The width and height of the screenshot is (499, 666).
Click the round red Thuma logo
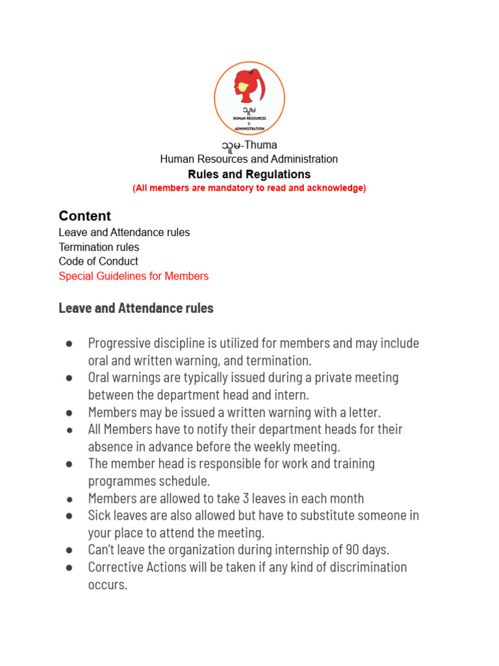249,98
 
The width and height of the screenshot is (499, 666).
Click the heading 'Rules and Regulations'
249,174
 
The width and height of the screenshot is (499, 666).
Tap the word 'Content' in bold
84,216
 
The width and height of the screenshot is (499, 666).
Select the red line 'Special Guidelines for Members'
133,276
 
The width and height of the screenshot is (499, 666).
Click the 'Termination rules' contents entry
99,247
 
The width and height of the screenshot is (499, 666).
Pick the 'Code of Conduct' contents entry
98,261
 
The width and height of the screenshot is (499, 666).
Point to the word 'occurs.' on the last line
107,584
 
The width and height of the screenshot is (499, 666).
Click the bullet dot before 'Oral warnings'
68,378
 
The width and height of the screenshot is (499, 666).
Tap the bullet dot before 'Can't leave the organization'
68,550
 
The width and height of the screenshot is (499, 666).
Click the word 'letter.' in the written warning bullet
363,412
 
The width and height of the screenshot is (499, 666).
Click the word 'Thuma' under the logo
260,145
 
